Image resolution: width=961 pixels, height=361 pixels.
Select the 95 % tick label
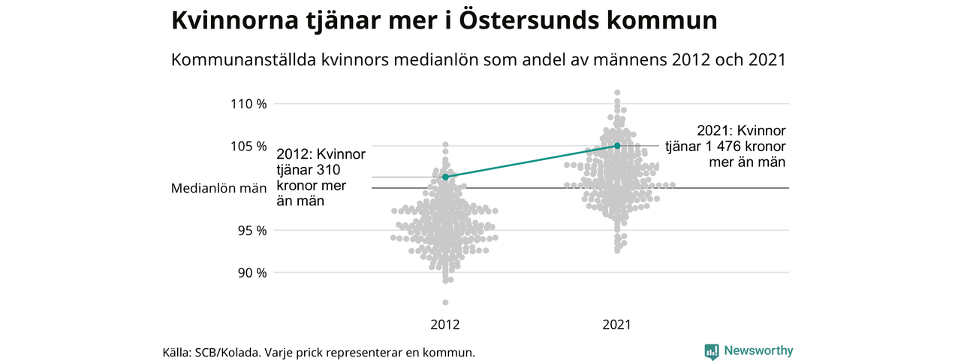(x=252, y=230)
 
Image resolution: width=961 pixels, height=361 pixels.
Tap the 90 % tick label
(x=252, y=272)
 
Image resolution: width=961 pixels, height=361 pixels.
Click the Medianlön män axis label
(x=219, y=188)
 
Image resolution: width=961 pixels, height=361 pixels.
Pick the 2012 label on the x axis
(x=445, y=326)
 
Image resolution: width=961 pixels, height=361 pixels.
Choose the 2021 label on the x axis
(x=617, y=326)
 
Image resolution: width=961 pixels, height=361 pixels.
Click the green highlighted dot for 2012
(x=445, y=177)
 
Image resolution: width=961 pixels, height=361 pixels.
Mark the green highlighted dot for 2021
(x=617, y=145)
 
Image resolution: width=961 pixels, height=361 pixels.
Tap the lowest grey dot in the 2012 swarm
(x=445, y=302)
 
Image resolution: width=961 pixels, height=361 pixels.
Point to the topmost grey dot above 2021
(x=617, y=93)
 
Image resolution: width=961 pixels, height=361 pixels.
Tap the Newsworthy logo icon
(x=712, y=350)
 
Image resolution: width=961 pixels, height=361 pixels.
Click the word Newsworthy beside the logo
(x=758, y=350)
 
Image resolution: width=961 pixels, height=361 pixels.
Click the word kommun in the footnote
(x=451, y=352)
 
